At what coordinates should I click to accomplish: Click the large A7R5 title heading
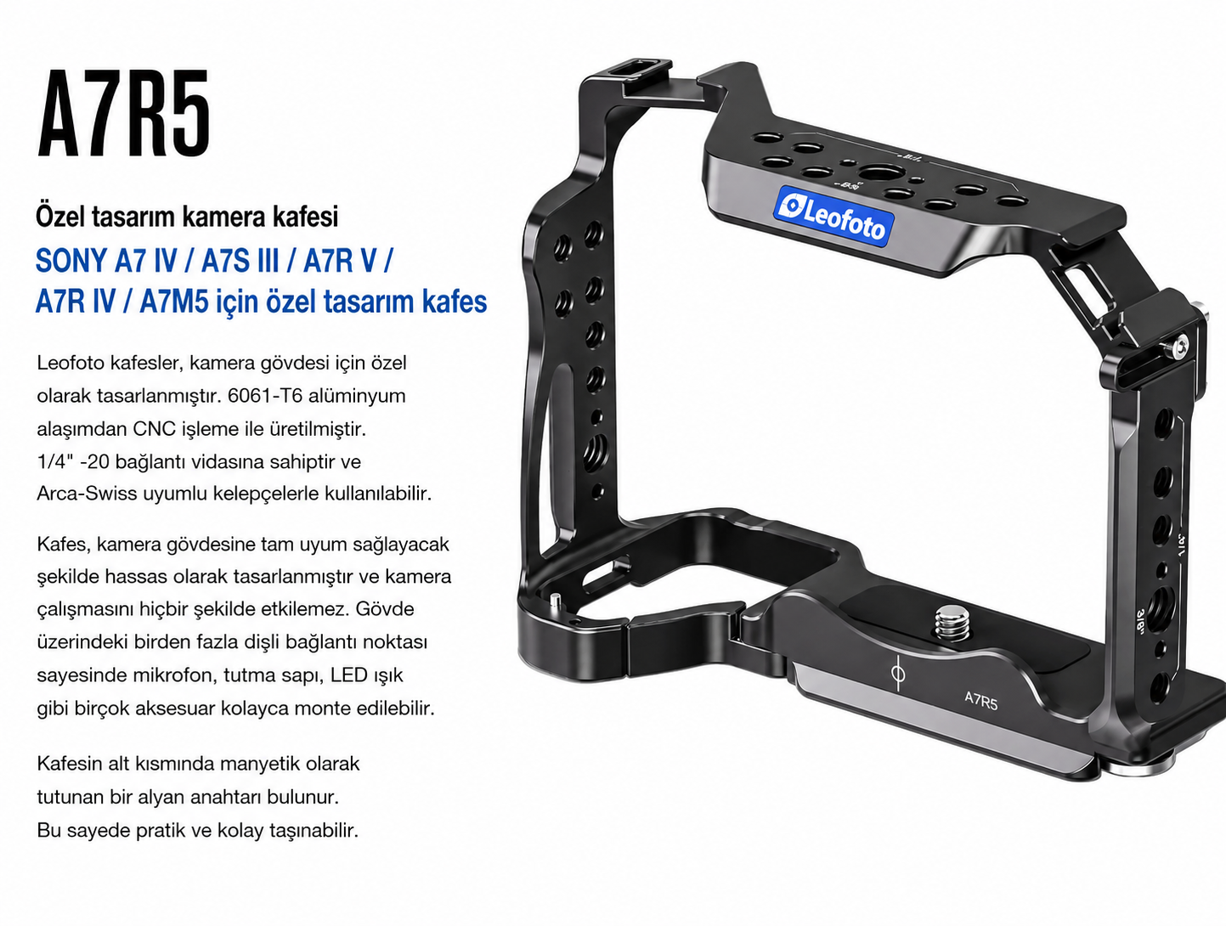coord(123,113)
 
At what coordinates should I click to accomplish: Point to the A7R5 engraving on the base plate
coord(980,700)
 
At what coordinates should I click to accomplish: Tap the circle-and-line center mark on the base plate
coord(898,674)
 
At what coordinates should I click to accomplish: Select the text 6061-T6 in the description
coord(265,395)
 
